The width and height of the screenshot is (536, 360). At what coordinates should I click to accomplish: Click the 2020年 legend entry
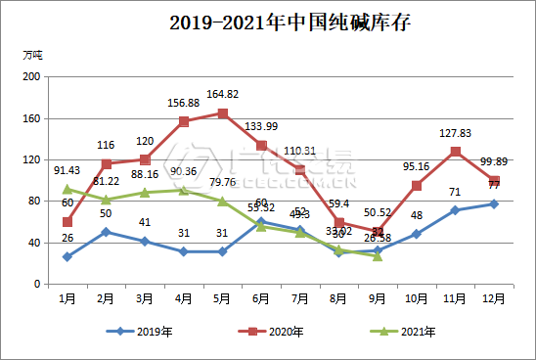pos(277,332)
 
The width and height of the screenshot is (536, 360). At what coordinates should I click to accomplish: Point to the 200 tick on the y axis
pos(30,76)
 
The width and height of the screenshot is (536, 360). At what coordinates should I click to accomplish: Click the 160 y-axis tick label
pos(30,118)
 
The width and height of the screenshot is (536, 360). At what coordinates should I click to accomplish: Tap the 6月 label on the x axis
pos(261,296)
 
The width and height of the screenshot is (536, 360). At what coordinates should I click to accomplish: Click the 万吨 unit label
pos(31,55)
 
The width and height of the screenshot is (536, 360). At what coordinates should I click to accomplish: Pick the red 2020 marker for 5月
pos(223,113)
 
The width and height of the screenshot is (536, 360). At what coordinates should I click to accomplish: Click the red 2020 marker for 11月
pos(455,152)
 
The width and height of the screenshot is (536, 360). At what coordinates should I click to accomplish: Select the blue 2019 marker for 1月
pos(67,256)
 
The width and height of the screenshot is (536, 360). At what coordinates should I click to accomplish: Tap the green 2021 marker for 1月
pos(67,189)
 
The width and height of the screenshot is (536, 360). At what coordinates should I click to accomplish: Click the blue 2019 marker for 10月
pos(417,234)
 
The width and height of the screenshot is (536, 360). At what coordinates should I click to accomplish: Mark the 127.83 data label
pos(455,134)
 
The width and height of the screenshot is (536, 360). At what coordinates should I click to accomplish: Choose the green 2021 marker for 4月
pos(184,190)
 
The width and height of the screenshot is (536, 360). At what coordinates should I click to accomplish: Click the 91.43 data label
pos(67,172)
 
